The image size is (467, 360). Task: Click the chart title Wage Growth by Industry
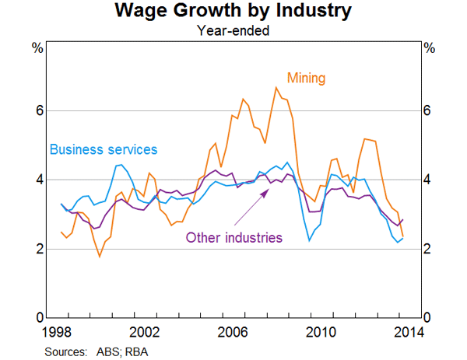(233, 12)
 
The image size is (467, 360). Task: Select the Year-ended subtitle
(233, 31)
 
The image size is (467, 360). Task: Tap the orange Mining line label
(306, 78)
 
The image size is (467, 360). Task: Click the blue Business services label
(104, 149)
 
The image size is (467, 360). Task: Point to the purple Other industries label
(233, 237)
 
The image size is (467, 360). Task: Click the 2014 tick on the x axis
(408, 332)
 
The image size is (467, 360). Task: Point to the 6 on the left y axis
(37, 110)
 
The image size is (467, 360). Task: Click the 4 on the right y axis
(430, 180)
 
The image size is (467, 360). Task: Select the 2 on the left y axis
(37, 249)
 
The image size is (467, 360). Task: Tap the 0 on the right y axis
(430, 318)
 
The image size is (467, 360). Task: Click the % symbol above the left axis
(37, 48)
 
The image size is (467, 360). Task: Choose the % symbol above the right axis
(430, 48)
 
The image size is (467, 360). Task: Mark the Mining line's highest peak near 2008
(276, 87)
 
